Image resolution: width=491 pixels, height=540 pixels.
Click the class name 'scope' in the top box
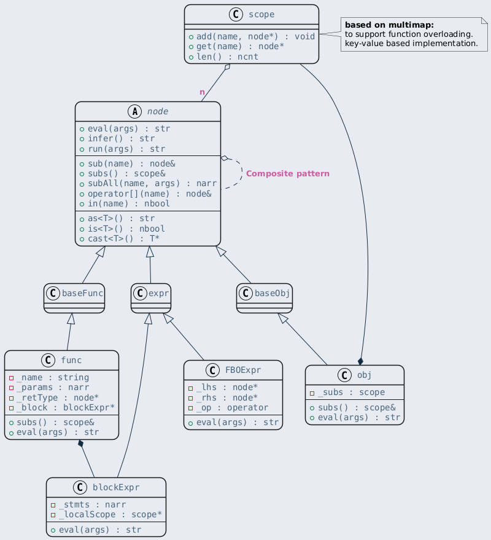261,15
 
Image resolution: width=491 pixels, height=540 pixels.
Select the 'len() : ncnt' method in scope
227,57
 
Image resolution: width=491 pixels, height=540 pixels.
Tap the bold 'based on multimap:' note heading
389,25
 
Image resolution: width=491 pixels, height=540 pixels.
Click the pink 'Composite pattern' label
288,174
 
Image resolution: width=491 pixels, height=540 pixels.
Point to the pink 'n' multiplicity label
203,92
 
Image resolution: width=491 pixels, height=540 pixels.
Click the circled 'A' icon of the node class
135,112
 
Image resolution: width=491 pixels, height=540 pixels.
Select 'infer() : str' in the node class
121,138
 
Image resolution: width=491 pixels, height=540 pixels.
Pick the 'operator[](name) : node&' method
150,194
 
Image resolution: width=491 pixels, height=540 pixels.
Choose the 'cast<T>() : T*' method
123,238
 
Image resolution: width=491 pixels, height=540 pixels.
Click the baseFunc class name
83,293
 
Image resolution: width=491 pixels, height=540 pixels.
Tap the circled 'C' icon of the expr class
140,293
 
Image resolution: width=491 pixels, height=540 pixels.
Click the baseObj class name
272,293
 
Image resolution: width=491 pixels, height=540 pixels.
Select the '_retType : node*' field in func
58,397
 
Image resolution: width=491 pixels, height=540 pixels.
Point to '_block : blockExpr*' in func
66,408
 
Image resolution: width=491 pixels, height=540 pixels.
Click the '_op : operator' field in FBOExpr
232,408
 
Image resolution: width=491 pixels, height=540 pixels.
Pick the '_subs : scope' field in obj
351,393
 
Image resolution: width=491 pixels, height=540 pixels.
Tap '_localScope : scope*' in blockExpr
110,515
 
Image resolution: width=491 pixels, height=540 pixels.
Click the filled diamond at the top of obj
360,361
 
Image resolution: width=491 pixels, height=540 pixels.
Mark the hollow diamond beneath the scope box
227,67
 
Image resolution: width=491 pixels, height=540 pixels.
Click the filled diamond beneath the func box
81,443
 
